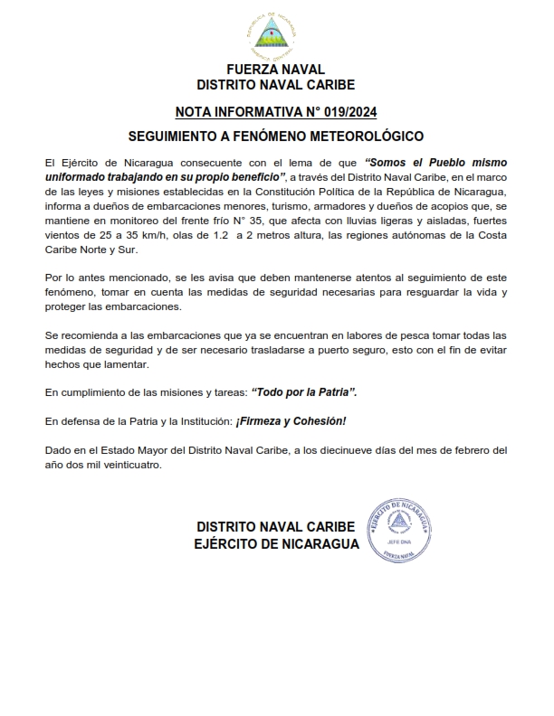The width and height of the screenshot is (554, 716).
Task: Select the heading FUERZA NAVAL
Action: click(276, 69)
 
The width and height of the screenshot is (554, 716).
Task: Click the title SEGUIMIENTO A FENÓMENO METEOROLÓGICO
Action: click(276, 137)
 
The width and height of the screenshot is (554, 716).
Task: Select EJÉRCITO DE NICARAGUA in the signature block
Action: click(276, 544)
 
